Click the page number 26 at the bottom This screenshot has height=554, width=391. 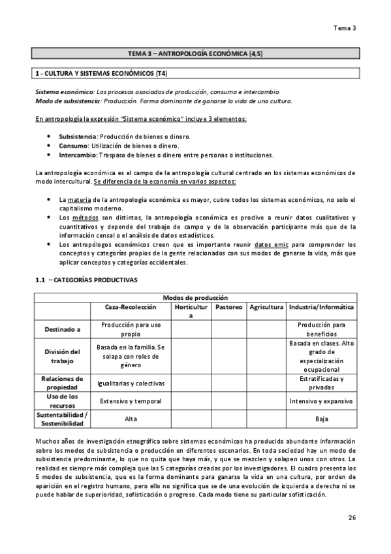point(351,518)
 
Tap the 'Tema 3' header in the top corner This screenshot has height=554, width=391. point(345,28)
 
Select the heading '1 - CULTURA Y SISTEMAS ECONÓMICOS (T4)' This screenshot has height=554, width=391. point(105,73)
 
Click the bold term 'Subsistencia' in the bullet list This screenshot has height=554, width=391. point(76,135)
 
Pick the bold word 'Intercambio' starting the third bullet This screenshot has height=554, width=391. point(78,155)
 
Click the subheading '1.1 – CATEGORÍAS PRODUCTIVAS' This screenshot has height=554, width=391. point(86,280)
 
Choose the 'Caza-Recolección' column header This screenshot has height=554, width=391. point(131,306)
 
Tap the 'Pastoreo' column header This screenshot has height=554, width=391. point(228,306)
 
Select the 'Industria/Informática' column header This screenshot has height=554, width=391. point(321,306)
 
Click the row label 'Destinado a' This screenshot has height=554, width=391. point(63,329)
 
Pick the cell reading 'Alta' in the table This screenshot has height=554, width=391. point(131,419)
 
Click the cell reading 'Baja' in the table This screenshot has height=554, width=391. point(321,419)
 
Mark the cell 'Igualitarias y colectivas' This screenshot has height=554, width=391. point(131,383)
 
